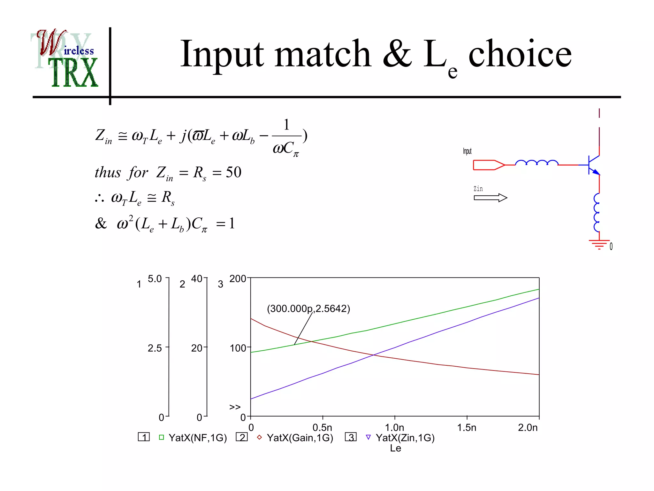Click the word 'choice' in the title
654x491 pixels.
[x=520, y=54]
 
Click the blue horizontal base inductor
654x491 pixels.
[x=537, y=163]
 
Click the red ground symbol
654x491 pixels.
[x=599, y=244]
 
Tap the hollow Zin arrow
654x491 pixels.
[x=490, y=198]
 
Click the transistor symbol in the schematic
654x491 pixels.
[x=594, y=165]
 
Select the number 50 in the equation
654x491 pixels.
[x=233, y=173]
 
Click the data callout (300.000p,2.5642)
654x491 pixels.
[x=308, y=309]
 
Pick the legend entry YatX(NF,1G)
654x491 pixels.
[x=197, y=438]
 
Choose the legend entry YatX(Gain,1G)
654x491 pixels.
[x=300, y=438]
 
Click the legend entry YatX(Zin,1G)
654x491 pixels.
[x=405, y=438]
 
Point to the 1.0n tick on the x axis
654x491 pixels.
[x=394, y=427]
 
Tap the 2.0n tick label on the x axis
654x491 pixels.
[x=528, y=427]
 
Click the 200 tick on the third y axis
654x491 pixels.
[x=238, y=279]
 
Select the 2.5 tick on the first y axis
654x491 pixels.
[x=155, y=348]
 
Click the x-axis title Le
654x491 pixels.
[x=395, y=448]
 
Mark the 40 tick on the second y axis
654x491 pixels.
[x=197, y=279]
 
